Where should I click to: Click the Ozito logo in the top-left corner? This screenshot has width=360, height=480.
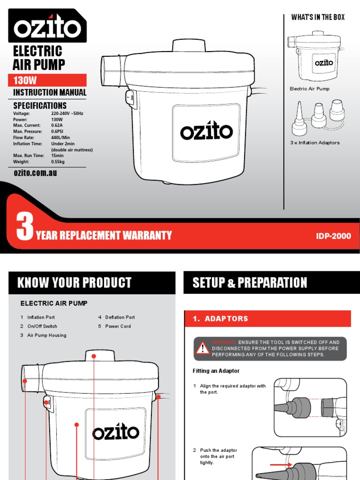pyautogui.click(x=47, y=28)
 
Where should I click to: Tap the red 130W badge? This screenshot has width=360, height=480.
pyautogui.click(x=47, y=81)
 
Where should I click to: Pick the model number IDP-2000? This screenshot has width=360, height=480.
pyautogui.click(x=333, y=236)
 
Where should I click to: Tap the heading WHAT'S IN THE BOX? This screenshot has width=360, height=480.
pyautogui.click(x=318, y=17)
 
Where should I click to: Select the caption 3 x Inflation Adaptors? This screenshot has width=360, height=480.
pyautogui.click(x=315, y=142)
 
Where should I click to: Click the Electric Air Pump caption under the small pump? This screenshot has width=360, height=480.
pyautogui.click(x=309, y=89)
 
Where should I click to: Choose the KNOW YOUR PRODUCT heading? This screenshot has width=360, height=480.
pyautogui.click(x=74, y=283)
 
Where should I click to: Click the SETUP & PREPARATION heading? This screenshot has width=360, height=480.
pyautogui.click(x=250, y=283)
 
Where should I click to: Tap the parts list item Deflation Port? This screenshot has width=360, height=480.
pyautogui.click(x=120, y=317)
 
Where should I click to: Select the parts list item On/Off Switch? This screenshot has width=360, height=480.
pyautogui.click(x=42, y=326)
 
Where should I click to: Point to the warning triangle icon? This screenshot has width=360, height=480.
pyautogui.click(x=202, y=348)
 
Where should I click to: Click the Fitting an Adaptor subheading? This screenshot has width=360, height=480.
pyautogui.click(x=216, y=371)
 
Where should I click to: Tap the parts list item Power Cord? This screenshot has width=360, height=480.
pyautogui.click(x=118, y=326)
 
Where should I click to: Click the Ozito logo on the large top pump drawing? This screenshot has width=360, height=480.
pyautogui.click(x=206, y=132)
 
